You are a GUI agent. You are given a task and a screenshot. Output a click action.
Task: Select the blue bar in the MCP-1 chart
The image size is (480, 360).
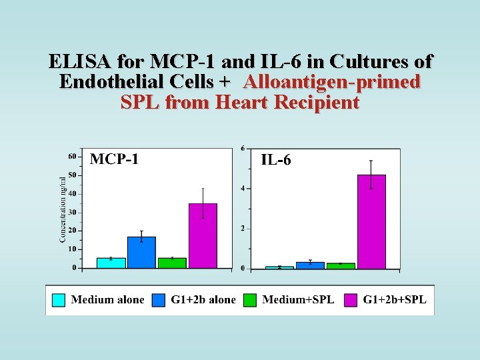(141, 252)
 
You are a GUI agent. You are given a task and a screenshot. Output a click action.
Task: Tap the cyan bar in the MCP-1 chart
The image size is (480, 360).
(111, 263)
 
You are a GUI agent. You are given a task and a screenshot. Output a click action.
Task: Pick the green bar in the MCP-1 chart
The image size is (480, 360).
(172, 263)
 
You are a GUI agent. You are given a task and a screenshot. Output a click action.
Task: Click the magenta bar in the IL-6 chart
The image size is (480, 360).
(371, 221)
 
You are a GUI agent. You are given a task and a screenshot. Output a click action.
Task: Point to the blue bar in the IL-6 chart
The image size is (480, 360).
(310, 265)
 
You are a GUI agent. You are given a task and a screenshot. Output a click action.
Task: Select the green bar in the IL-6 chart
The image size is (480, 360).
(341, 265)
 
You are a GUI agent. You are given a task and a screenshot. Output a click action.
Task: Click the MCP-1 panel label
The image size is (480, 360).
(114, 159)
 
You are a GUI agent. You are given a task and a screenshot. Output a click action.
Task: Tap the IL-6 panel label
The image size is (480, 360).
(275, 160)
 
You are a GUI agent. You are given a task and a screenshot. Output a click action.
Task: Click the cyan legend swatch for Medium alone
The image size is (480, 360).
(59, 300)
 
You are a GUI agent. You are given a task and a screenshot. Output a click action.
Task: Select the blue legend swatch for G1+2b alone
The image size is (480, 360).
(159, 300)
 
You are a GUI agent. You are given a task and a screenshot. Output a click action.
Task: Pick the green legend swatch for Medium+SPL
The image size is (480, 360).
(251, 300)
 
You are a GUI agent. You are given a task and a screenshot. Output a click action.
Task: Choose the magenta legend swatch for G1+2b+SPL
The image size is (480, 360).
(351, 300)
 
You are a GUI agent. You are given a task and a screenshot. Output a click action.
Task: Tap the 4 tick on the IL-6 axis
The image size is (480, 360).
(243, 188)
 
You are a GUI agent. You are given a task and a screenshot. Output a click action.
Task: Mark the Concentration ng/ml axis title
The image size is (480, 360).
(63, 209)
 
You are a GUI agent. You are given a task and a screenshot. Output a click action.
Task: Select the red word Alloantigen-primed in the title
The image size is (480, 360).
(332, 83)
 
